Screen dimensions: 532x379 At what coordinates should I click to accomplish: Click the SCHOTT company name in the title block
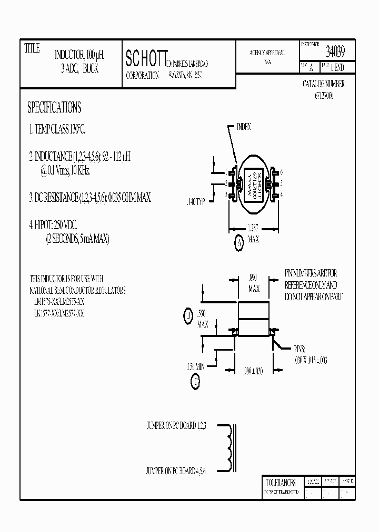coord(147,59)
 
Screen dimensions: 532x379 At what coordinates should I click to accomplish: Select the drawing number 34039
coord(335,52)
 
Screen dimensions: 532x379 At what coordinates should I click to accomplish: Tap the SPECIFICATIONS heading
coord(54,108)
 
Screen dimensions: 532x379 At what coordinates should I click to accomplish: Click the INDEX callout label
coord(244,127)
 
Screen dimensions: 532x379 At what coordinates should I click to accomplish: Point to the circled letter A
coord(238,242)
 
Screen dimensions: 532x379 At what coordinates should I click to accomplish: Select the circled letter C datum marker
coord(195,382)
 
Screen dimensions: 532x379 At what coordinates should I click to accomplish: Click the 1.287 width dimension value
coord(253,229)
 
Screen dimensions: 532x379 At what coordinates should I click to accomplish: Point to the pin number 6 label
coord(282,172)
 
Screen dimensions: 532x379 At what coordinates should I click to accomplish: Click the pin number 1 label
coord(225,172)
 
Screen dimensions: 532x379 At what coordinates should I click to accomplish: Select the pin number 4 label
coord(282,195)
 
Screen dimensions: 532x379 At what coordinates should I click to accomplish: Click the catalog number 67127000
coord(324,96)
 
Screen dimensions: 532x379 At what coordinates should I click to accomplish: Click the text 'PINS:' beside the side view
coord(300,349)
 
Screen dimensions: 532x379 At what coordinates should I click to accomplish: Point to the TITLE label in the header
coord(32,48)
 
